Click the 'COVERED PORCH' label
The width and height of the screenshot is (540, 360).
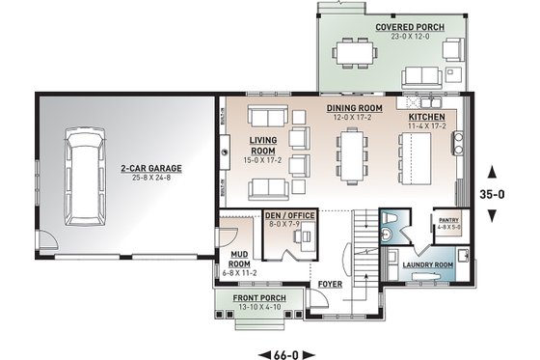click(410, 27)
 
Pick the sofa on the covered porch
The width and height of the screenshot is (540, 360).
click(420, 74)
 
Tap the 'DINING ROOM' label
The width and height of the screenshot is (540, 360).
click(353, 108)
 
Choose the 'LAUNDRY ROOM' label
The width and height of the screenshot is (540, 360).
click(428, 263)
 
